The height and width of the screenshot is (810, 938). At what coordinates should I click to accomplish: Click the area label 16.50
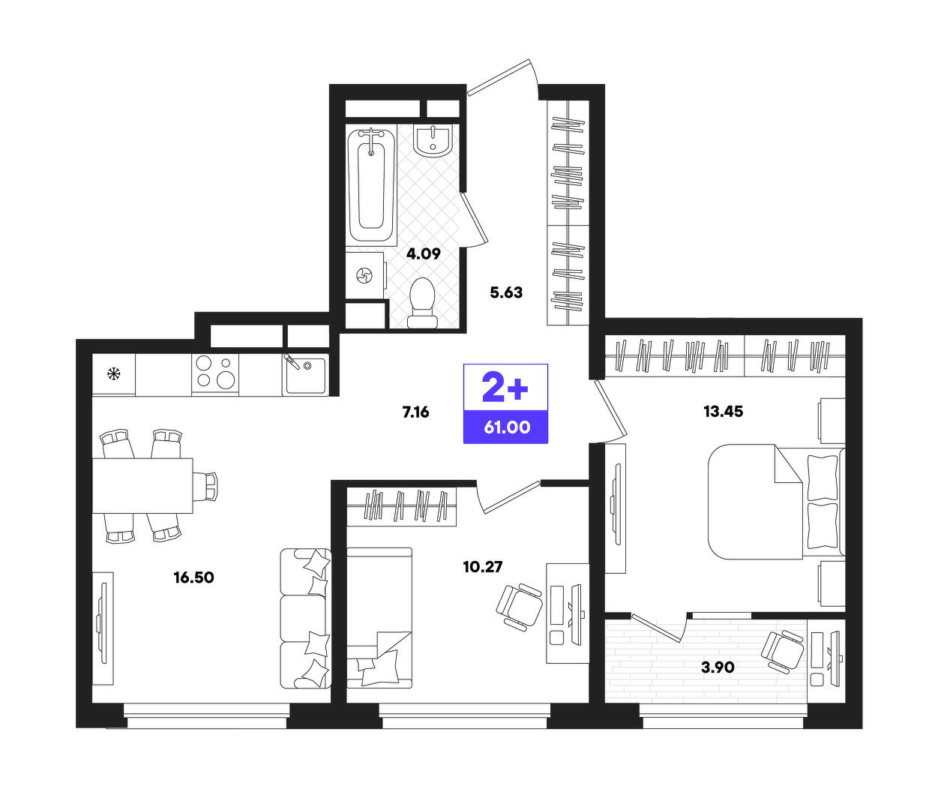[193, 577]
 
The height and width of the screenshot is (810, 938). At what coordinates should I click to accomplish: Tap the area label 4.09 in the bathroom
[424, 253]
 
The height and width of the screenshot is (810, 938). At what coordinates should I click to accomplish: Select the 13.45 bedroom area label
[724, 411]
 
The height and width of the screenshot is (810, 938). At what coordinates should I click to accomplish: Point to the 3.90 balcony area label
[718, 667]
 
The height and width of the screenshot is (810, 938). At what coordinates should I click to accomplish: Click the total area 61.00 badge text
[507, 427]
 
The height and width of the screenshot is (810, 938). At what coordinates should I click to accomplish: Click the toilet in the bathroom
[422, 303]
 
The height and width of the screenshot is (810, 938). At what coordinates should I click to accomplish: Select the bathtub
[371, 185]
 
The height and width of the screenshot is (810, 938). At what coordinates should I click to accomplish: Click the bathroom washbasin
[433, 140]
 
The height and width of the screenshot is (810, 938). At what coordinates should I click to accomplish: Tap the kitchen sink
[305, 374]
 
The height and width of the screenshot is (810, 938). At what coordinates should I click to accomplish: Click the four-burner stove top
[215, 372]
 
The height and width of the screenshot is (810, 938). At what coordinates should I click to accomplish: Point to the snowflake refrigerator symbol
[113, 374]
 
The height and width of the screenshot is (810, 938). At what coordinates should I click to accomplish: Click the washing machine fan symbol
[364, 275]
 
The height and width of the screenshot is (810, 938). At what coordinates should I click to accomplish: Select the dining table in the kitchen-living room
[142, 485]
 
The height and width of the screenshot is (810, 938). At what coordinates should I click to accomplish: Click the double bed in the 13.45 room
[777, 502]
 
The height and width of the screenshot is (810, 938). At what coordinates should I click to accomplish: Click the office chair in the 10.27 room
[520, 606]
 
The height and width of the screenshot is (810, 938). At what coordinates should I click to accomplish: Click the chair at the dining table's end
[205, 486]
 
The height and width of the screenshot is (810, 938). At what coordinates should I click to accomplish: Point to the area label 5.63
[506, 292]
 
